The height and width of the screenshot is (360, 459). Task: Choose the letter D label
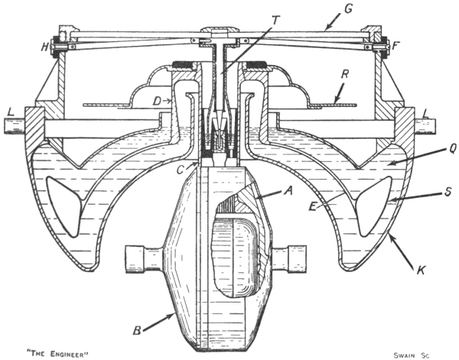(x=157, y=100)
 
